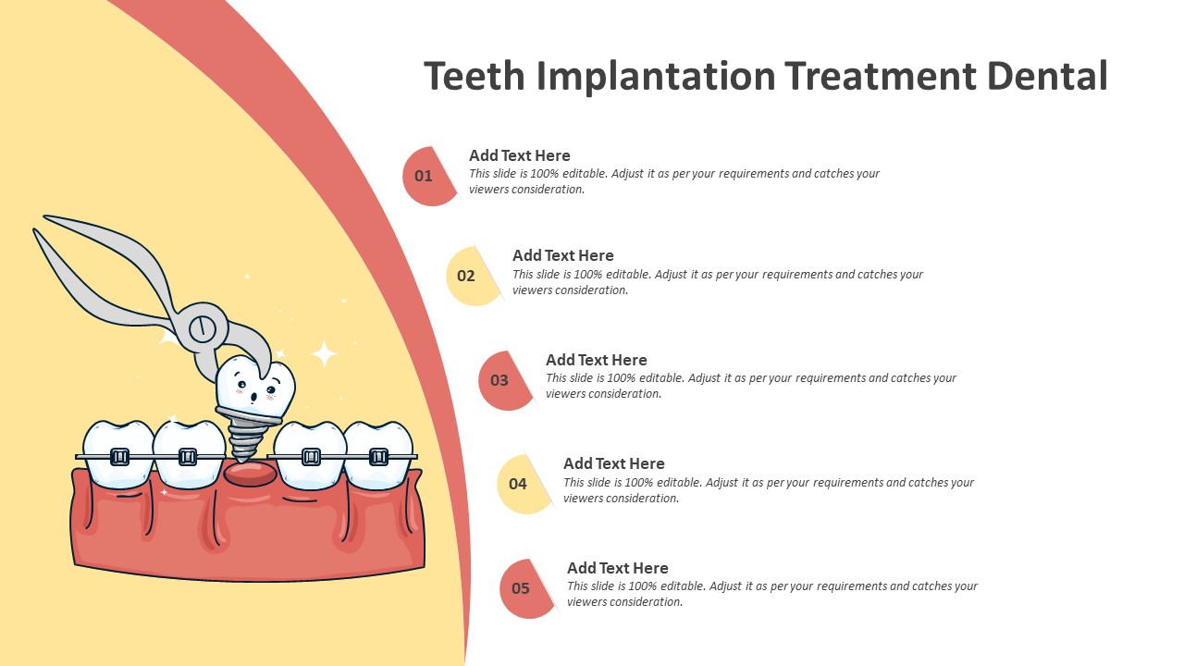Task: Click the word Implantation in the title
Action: pos(656,77)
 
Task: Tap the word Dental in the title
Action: pos(1047,76)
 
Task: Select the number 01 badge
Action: pos(429,176)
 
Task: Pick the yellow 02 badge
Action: pos(472,276)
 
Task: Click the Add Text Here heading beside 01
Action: pos(520,155)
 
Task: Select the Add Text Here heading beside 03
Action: pos(597,360)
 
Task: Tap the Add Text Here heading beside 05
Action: pos(618,568)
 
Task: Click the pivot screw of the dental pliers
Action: pos(202,328)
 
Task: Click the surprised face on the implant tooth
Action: pos(256,389)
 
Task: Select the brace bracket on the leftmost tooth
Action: pos(119,457)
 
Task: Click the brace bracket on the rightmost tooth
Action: pos(378,457)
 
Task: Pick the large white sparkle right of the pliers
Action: pos(324,354)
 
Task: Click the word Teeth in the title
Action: pos(475,76)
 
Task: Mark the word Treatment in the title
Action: pos(880,76)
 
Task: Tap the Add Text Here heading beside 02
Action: pos(563,255)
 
